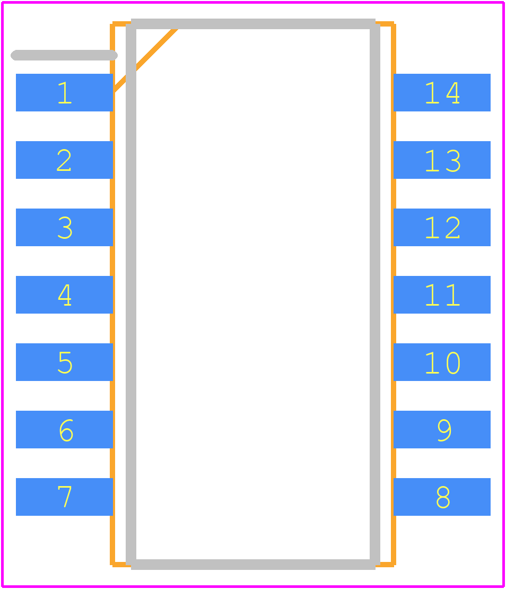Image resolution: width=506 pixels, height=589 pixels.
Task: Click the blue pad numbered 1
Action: pos(64,92)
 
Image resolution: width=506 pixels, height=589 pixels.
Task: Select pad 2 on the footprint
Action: pos(64,160)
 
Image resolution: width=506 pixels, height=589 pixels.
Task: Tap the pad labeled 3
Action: pos(64,227)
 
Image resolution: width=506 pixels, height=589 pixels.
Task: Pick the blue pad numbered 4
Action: pos(64,295)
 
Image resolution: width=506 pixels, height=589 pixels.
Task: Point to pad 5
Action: pos(64,362)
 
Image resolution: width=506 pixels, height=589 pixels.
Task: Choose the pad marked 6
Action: pos(64,429)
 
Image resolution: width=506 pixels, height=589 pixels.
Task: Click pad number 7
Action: pos(64,497)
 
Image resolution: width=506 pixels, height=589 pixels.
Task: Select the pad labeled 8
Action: pos(442,497)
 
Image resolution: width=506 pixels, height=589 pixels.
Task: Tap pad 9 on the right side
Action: pos(442,429)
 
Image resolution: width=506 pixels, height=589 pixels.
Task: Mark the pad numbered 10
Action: pos(442,362)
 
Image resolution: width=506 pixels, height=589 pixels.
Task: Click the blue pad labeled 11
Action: pos(442,295)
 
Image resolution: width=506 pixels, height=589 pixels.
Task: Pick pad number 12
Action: pos(442,227)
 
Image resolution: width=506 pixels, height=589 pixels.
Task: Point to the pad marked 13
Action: pos(442,160)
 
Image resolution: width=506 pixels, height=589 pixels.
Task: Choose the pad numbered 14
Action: pos(442,92)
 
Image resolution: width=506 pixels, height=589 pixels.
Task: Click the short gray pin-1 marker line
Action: pos(64,55)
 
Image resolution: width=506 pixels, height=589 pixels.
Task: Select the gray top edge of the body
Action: pos(253,24)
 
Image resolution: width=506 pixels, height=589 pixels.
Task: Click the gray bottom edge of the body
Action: pos(253,564)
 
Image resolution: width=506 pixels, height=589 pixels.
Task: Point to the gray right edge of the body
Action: pos(375,294)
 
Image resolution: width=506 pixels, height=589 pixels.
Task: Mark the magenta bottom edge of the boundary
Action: pos(253,586)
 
